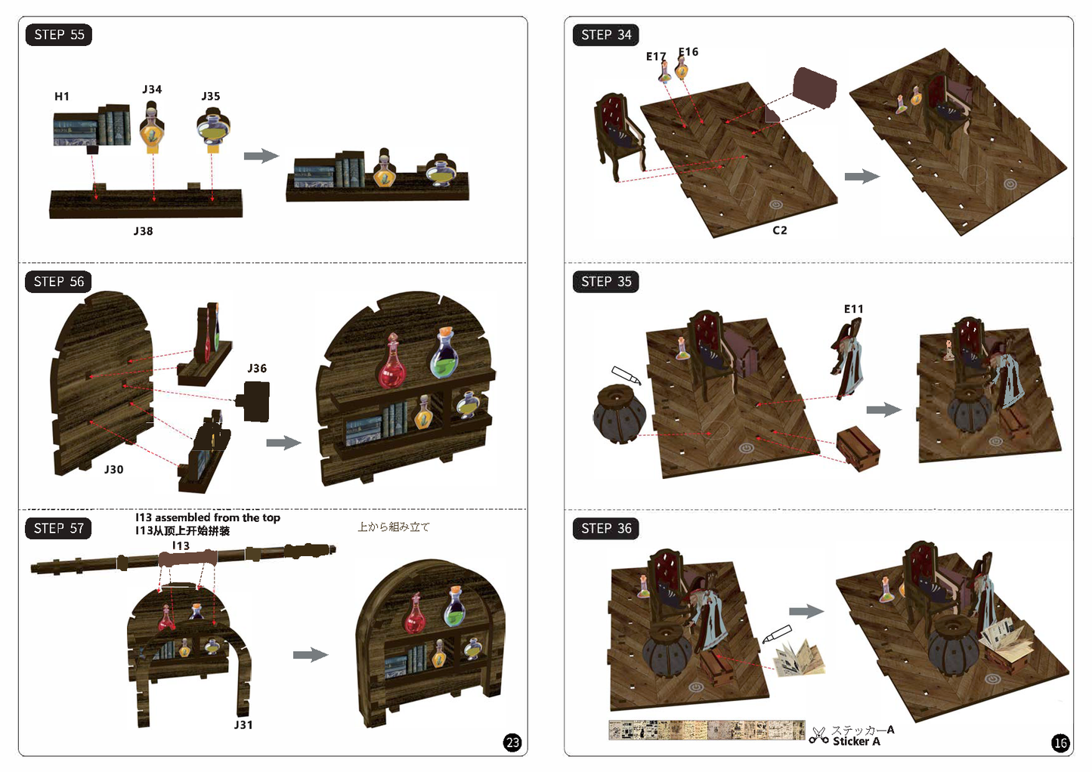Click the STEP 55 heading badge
coord(58,35)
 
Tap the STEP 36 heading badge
coord(605,528)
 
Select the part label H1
coord(62,97)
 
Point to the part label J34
coord(152,89)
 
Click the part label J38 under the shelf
coord(144,231)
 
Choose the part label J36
coord(257,369)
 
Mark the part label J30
coord(113,469)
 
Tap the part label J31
coord(243,724)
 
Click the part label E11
coord(854,309)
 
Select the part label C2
coord(780,230)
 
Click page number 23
coord(512,743)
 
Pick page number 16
coord(1061,743)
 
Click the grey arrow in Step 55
coord(261,156)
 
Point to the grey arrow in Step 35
coord(884,409)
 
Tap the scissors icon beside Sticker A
coord(819,736)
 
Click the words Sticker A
coord(856,741)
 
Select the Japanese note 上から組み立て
coord(394,527)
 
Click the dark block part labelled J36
coord(254,401)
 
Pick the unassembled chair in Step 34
coord(619,137)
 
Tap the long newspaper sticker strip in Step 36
coord(707,730)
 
